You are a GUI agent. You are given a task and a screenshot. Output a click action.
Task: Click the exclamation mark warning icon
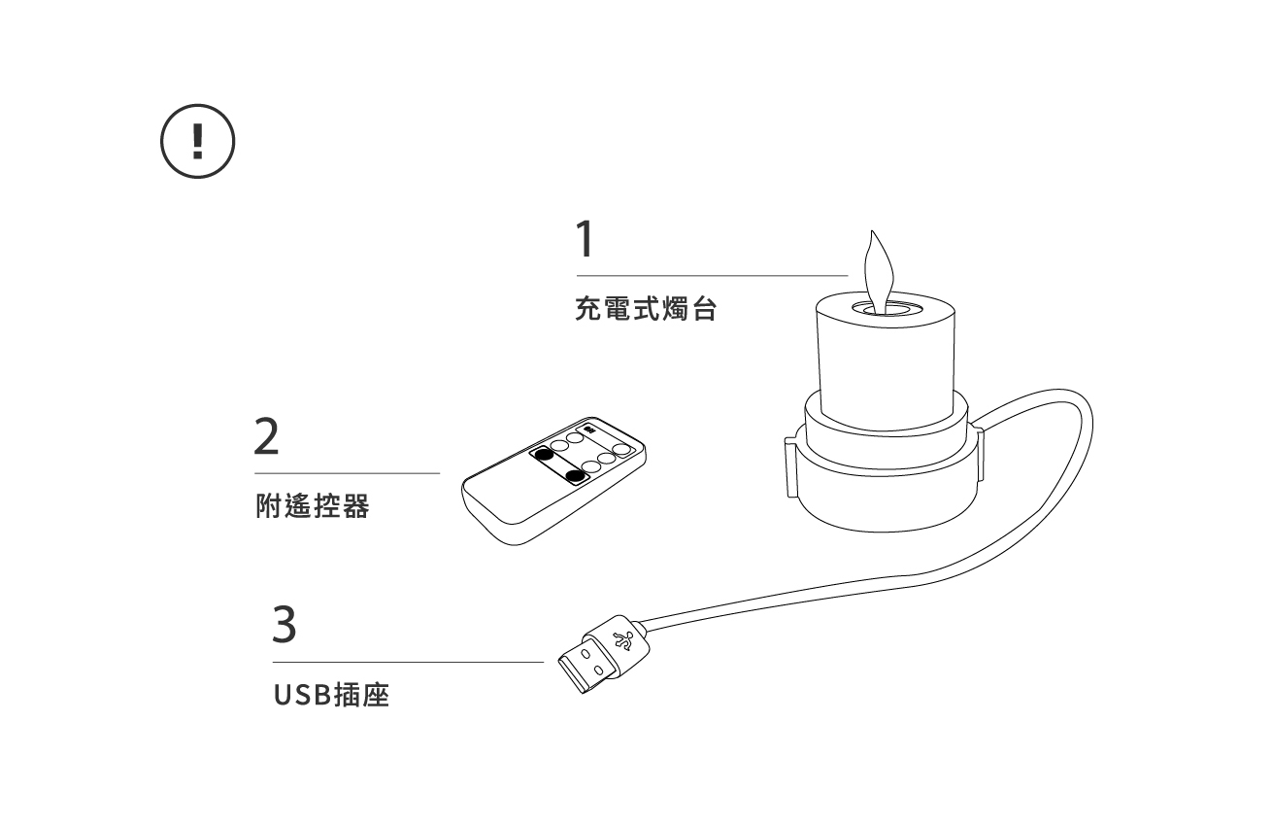tap(198, 142)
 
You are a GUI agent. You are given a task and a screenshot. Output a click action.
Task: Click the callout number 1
tap(584, 238)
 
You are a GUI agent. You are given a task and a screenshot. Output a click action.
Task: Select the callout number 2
tap(266, 437)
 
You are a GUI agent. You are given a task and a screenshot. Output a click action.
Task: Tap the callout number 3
tap(283, 625)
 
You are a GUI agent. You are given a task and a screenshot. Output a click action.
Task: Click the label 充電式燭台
tap(645, 312)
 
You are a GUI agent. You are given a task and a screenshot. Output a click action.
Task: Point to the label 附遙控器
tap(312, 506)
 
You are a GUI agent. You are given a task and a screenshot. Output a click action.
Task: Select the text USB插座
tap(331, 696)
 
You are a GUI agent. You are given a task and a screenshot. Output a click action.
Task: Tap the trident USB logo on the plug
tap(624, 641)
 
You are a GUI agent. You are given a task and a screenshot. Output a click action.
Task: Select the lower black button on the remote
tap(575, 475)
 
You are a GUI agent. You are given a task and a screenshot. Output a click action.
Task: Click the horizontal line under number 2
tap(347, 473)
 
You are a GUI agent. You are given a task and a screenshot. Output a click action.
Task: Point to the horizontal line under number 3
tap(408, 662)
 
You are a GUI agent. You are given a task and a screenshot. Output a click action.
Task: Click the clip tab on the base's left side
tap(789, 466)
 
